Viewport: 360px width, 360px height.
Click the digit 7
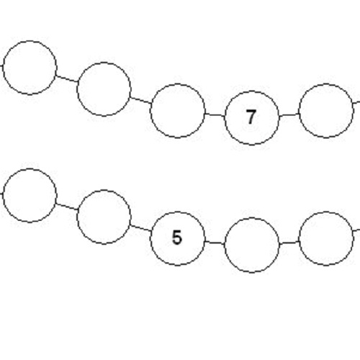pos(251,117)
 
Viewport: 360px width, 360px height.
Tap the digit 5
pos(177,238)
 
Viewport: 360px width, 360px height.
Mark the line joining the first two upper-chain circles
pos(67,78)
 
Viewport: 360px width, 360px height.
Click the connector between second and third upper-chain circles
pos(140,100)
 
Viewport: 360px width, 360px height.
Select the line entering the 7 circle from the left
pos(215,115)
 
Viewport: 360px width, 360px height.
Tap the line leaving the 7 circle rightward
pos(289,114)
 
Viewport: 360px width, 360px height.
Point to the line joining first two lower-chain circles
pos(67,207)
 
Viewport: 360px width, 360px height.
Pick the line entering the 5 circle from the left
pos(140,228)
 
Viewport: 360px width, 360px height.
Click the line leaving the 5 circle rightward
pos(215,243)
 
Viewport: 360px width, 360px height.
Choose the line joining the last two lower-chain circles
pos(289,243)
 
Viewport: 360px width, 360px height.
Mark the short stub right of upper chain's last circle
pos(356,103)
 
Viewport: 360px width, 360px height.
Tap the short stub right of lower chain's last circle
pos(356,230)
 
